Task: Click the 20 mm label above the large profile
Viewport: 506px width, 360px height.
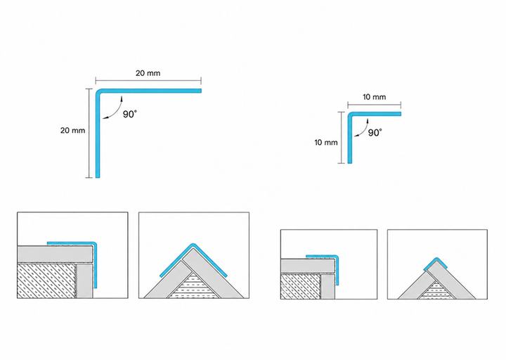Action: pos(148,73)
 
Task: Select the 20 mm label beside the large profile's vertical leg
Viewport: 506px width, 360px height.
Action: pos(72,131)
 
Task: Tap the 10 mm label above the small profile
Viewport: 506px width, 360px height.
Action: pos(374,97)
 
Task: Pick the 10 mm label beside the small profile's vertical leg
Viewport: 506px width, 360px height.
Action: pos(326,143)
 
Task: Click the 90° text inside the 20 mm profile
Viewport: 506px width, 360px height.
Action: pos(130,115)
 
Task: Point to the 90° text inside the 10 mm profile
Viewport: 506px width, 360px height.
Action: pos(375,133)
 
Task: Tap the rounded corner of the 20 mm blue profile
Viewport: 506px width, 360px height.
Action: pos(98,91)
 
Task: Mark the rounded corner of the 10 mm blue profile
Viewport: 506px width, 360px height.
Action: pos(350,115)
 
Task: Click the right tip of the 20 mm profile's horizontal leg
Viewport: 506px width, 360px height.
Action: pos(201,91)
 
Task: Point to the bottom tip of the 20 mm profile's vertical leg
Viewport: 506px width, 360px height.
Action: pos(98,177)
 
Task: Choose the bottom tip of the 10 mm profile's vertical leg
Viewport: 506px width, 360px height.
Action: pos(350,162)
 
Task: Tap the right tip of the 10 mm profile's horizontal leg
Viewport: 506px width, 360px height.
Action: pos(400,114)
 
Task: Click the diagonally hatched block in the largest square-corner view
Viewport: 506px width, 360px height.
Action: pos(47,281)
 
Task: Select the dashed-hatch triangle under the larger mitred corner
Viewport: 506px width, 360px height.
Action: pos(193,285)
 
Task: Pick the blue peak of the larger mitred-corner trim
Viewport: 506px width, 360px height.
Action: pos(193,245)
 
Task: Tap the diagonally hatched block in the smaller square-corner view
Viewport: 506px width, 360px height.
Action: pos(301,286)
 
